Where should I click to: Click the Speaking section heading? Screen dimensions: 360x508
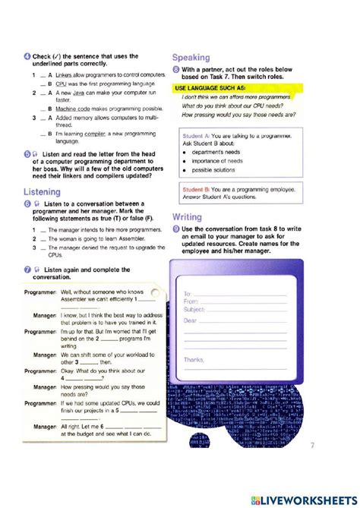(191, 57)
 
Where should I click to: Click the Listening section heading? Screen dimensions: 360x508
(43, 192)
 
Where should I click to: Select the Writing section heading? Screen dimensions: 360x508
(187, 217)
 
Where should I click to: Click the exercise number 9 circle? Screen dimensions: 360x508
(176, 229)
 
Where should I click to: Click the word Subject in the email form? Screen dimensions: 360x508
(194, 309)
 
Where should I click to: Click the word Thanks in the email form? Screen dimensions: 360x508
(194, 359)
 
